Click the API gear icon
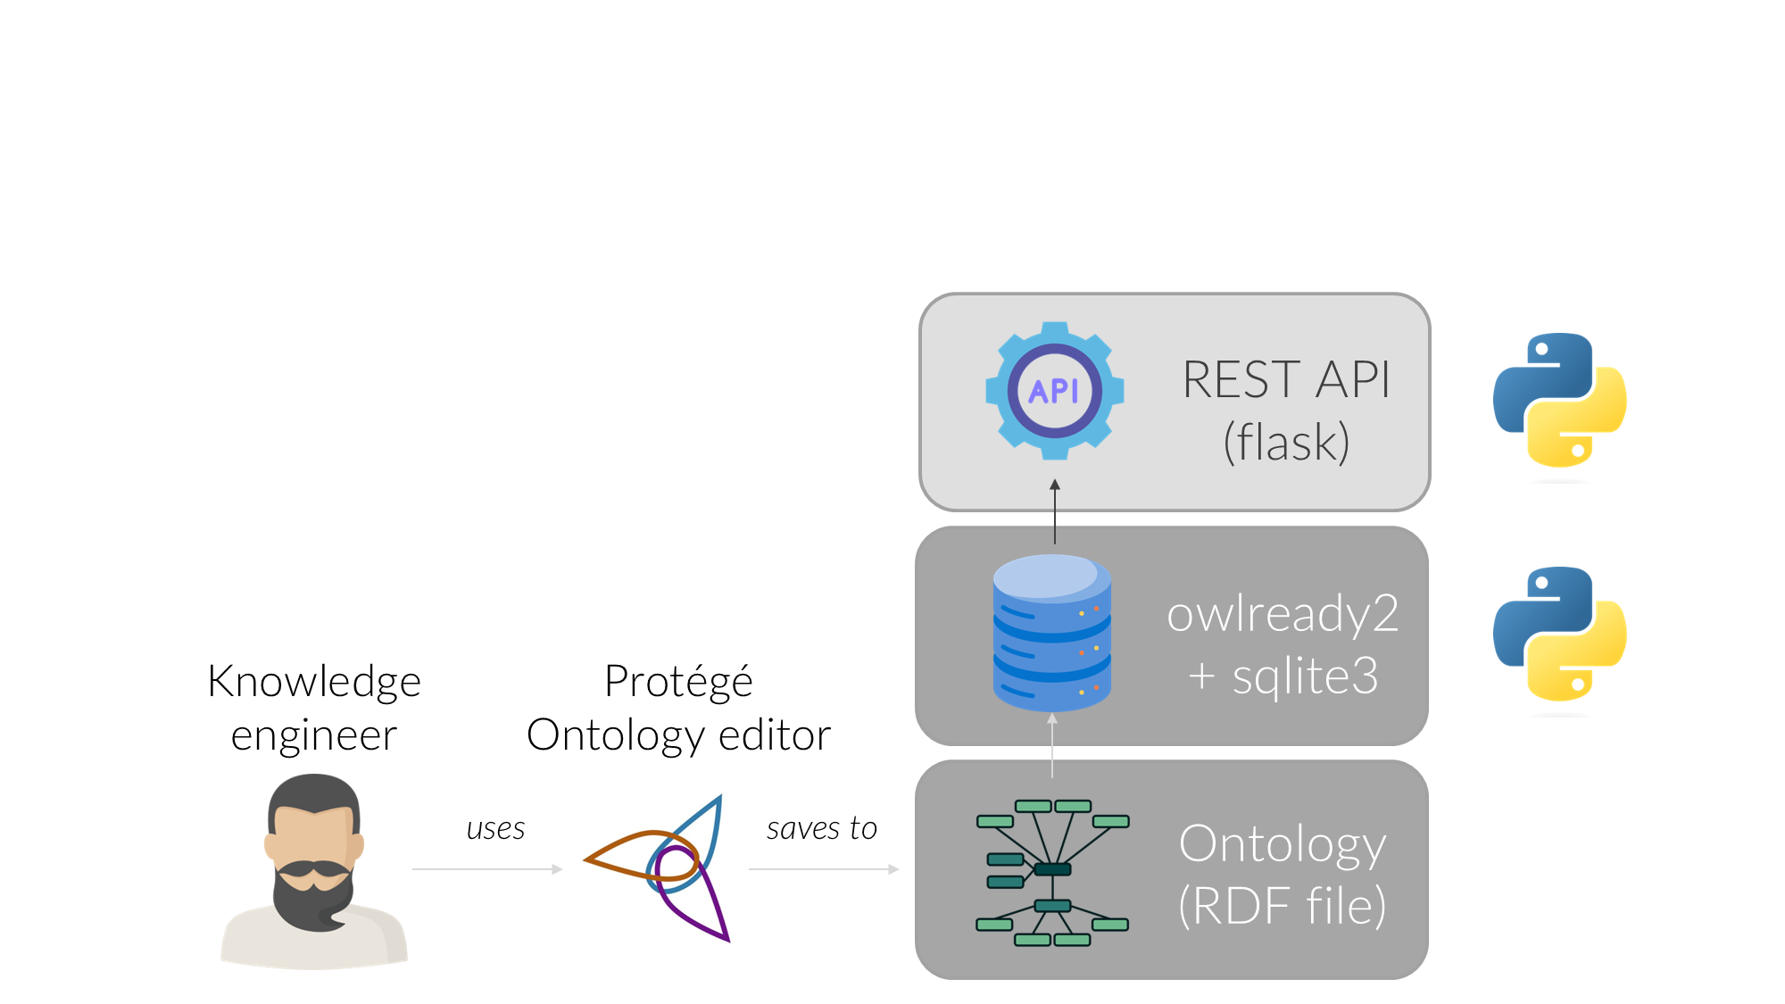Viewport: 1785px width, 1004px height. (x=1054, y=391)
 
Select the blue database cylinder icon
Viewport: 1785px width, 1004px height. (x=1052, y=633)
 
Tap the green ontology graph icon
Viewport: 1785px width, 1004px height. (x=1052, y=872)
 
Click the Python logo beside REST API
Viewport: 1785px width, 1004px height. (x=1559, y=401)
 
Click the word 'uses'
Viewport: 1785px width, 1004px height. (x=495, y=829)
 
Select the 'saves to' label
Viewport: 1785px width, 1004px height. (x=821, y=829)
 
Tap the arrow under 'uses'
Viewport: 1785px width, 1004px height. (x=487, y=868)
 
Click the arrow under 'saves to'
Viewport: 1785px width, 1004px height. (x=823, y=868)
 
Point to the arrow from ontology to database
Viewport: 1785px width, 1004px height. (x=1052, y=745)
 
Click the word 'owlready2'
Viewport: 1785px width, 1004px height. (x=1283, y=614)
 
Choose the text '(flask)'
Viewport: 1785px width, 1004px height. (x=1286, y=442)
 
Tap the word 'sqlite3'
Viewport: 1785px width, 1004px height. (x=1305, y=676)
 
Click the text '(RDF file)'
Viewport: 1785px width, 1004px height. (x=1282, y=906)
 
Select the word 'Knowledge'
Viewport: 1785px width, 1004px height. (x=314, y=682)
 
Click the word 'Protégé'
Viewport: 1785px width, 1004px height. (x=678, y=682)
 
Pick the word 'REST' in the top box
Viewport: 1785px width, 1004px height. (x=1241, y=380)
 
